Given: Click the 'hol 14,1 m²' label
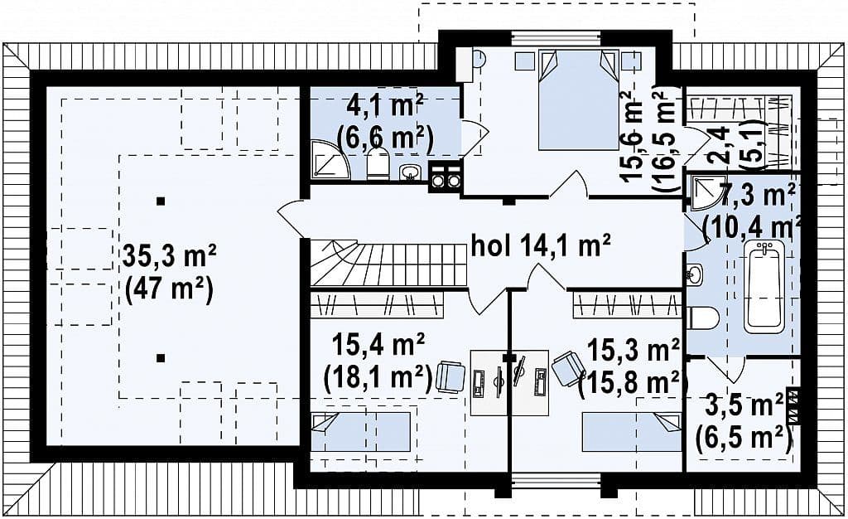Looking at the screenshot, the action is [541, 246].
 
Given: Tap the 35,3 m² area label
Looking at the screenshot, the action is [169, 256].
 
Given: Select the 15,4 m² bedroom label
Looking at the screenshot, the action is [378, 345].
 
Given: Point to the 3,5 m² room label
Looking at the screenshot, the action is [744, 406].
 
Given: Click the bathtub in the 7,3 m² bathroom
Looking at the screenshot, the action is [764, 287].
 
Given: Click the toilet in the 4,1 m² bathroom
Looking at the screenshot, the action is [378, 164].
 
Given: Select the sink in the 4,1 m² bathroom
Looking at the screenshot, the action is [411, 172].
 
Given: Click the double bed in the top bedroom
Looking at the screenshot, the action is [577, 99].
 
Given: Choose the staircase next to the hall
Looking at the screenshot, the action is [388, 264].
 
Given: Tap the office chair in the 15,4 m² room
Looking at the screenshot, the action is [450, 376].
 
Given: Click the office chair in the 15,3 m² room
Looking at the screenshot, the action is [566, 368].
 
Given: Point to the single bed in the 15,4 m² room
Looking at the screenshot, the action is [360, 431].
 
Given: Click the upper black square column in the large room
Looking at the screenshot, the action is [160, 201].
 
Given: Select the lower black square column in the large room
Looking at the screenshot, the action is [160, 357].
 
